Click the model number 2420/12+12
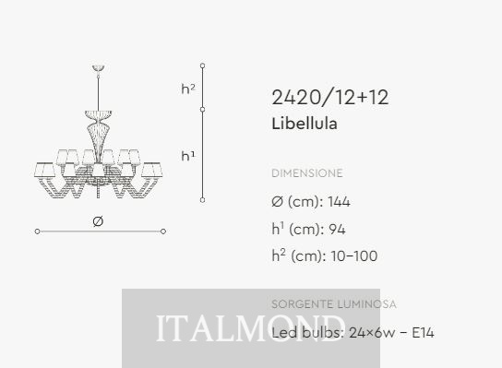click(x=330, y=97)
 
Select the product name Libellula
click(x=305, y=124)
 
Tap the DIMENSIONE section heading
click(x=307, y=173)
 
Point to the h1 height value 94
click(x=337, y=229)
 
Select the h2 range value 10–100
click(x=354, y=256)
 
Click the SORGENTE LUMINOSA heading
click(x=334, y=304)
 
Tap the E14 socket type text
click(x=423, y=333)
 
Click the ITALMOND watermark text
click(x=249, y=328)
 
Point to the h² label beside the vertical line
click(x=188, y=89)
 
